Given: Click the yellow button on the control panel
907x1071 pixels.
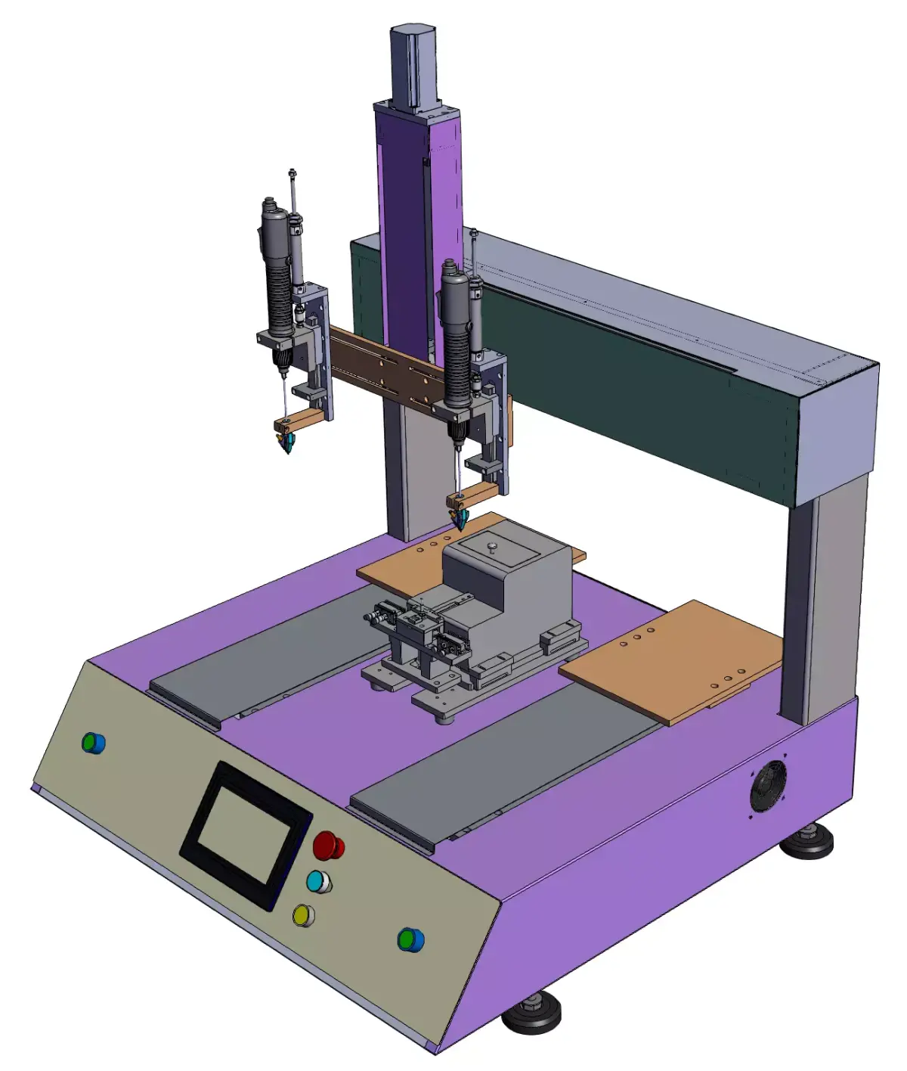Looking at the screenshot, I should pyautogui.click(x=303, y=915).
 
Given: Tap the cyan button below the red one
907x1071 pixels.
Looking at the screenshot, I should pyautogui.click(x=318, y=882).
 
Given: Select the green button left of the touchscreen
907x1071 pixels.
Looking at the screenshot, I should pyautogui.click(x=93, y=743).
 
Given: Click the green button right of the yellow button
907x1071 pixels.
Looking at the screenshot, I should pyautogui.click(x=410, y=939).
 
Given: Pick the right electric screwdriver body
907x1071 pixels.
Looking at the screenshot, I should pyautogui.click(x=456, y=340).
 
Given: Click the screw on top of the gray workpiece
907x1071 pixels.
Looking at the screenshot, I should pyautogui.click(x=492, y=547).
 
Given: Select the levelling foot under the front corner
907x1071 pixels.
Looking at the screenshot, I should pyautogui.click(x=532, y=1014).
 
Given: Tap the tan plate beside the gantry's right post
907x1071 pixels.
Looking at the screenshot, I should pyautogui.click(x=673, y=662).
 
